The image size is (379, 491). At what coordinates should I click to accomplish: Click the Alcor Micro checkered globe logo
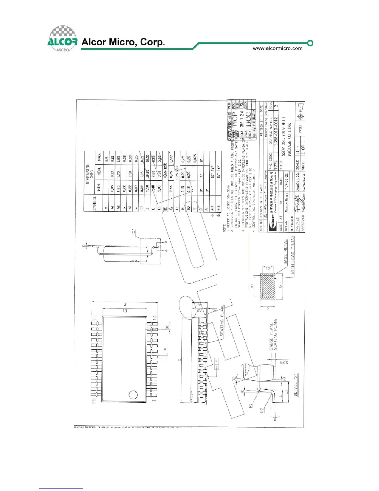tap(63, 38)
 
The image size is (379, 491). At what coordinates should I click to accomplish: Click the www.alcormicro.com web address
tap(277, 48)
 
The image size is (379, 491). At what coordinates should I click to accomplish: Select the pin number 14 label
tap(155, 318)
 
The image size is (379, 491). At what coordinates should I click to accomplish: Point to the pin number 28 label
tap(94, 401)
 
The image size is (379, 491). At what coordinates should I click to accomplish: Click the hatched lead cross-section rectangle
tap(268, 286)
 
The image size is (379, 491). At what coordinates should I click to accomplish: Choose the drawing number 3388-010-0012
tap(276, 131)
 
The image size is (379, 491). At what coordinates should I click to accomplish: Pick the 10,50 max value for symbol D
tap(147, 158)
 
